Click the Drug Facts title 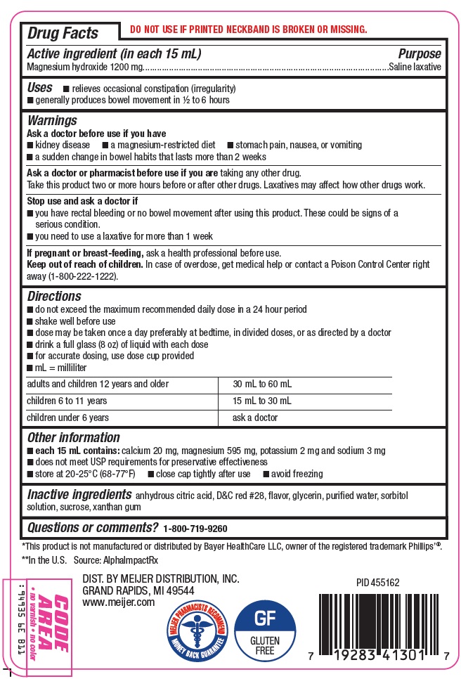[63, 32]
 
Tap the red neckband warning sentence [248, 30]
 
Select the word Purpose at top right [420, 54]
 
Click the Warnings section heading [52, 121]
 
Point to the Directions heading [54, 297]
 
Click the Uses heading [39, 88]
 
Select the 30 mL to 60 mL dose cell [261, 384]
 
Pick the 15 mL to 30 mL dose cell [261, 401]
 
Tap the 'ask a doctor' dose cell [255, 418]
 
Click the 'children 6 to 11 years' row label [67, 401]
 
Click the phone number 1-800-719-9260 [195, 529]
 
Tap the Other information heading [73, 437]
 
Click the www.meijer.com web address [118, 602]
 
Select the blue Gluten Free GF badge [265, 630]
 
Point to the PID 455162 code [378, 583]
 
